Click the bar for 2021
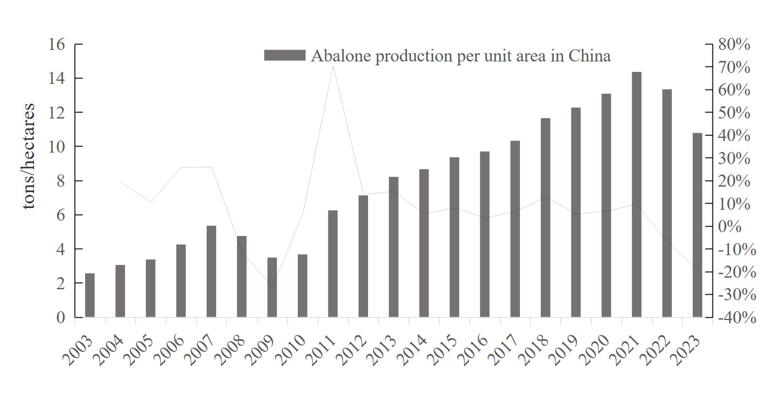(637, 194)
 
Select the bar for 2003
(90, 295)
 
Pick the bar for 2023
(697, 225)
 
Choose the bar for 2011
(333, 263)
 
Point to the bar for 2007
(211, 271)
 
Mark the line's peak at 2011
(333, 66)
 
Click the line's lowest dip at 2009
(272, 286)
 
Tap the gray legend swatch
(284, 55)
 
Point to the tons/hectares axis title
(30, 156)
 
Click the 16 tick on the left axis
(58, 44)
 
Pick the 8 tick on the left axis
(61, 181)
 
